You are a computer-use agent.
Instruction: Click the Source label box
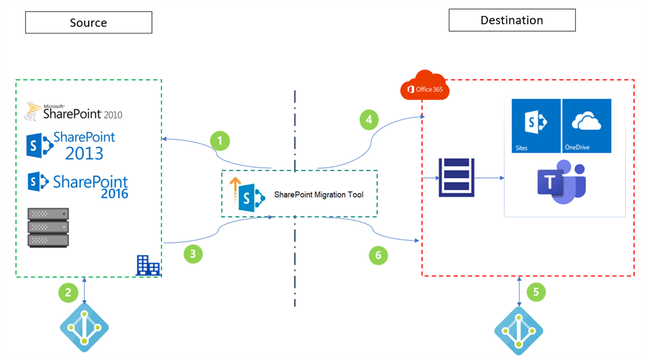(x=89, y=23)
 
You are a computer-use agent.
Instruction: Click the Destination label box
(x=511, y=20)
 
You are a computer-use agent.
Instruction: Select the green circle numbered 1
(x=220, y=140)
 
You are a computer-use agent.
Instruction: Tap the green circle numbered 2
(x=68, y=292)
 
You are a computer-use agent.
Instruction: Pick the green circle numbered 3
(x=194, y=254)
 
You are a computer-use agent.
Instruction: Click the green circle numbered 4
(x=370, y=119)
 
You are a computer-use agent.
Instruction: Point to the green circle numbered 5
(x=535, y=292)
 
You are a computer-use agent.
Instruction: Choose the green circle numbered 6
(x=378, y=255)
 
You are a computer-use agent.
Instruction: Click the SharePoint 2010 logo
(x=73, y=112)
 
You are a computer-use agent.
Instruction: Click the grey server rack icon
(x=47, y=227)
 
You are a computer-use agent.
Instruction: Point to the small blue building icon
(x=148, y=265)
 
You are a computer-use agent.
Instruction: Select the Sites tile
(x=536, y=126)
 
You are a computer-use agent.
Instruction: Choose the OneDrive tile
(x=587, y=126)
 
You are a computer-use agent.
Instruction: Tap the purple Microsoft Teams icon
(x=560, y=184)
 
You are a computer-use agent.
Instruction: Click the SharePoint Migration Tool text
(x=319, y=195)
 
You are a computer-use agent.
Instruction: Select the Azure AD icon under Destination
(x=518, y=328)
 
